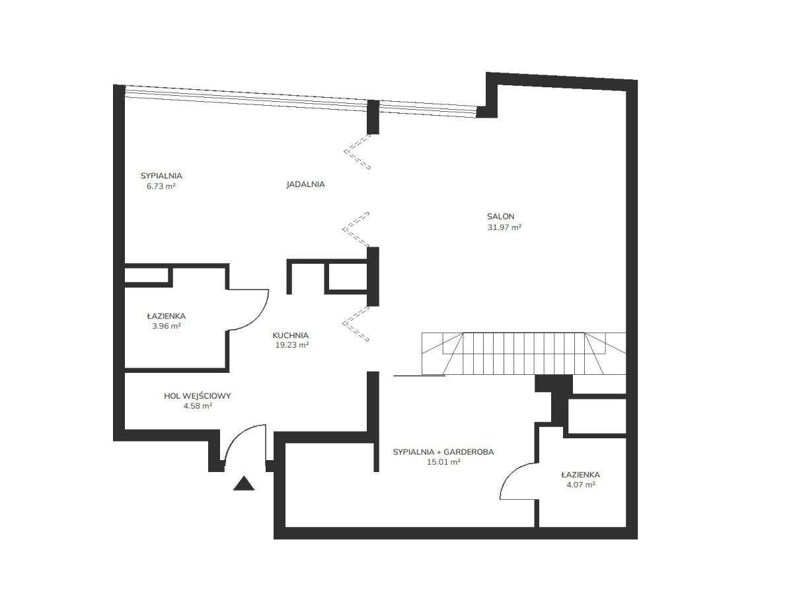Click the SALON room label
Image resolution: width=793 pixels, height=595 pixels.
[500, 216]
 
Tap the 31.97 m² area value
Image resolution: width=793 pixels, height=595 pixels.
[504, 227]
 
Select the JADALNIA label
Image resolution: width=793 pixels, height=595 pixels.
[306, 184]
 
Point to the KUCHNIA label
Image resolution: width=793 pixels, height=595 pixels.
[291, 335]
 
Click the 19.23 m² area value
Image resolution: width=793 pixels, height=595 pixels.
[292, 345]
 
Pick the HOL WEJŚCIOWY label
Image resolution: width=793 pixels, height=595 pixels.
[197, 396]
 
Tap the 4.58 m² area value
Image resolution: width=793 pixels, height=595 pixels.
[198, 406]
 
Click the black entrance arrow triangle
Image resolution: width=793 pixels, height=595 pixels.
[243, 483]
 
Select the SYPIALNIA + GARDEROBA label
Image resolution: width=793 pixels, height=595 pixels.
[443, 452]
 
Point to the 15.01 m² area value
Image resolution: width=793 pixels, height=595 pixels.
[443, 461]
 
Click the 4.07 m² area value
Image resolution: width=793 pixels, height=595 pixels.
[581, 485]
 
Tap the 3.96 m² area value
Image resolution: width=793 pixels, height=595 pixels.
[167, 326]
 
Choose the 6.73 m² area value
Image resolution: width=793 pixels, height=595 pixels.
[161, 186]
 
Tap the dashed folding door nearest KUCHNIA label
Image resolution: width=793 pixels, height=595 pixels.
[356, 324]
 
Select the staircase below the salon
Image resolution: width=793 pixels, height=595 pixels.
[524, 354]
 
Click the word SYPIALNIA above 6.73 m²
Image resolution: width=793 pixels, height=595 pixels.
[161, 176]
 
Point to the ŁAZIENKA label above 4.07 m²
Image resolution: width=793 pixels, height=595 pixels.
[581, 475]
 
